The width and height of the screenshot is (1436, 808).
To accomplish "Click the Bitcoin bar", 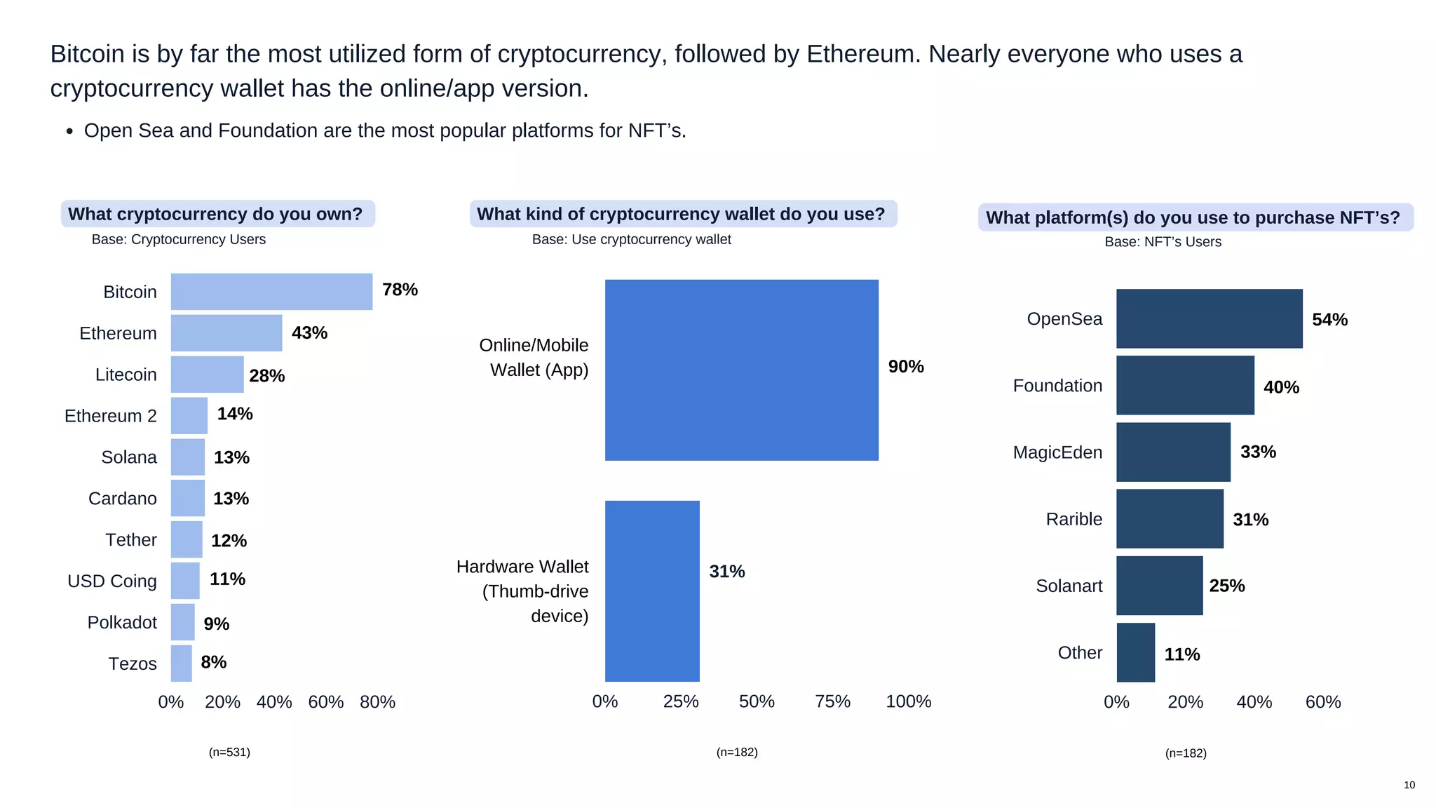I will pyautogui.click(x=271, y=292).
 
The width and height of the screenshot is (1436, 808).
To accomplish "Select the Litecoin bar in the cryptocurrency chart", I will pyautogui.click(x=207, y=375).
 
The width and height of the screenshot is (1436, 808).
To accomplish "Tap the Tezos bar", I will pyautogui.click(x=181, y=664).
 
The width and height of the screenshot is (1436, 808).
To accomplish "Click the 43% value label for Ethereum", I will pyautogui.click(x=309, y=332).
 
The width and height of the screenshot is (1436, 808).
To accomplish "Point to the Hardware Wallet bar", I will pyautogui.click(x=652, y=591).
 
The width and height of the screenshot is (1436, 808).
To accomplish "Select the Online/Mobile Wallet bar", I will pyautogui.click(x=741, y=370).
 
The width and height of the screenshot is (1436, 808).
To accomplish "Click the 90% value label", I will pyautogui.click(x=906, y=367).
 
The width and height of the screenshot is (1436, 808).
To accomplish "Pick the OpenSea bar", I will pyautogui.click(x=1209, y=318).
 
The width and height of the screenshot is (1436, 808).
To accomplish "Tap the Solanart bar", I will pyautogui.click(x=1159, y=586).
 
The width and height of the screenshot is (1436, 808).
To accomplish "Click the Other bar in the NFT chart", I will pyautogui.click(x=1135, y=652).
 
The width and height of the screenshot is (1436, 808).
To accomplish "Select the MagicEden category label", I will pyautogui.click(x=1057, y=452).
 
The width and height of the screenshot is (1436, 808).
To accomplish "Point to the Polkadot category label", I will pyautogui.click(x=122, y=622).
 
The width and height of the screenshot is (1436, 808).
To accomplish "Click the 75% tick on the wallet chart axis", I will pyautogui.click(x=832, y=701).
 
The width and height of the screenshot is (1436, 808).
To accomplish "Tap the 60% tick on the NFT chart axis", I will pyautogui.click(x=1322, y=702).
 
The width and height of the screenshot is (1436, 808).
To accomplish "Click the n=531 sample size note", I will pyautogui.click(x=229, y=752).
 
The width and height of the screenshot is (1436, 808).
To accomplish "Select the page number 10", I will pyautogui.click(x=1409, y=785).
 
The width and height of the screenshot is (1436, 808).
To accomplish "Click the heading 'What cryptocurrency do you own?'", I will pyautogui.click(x=215, y=214).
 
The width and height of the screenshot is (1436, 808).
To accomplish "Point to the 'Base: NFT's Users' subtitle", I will pyautogui.click(x=1163, y=242).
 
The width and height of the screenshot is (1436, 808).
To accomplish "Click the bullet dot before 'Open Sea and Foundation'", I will pyautogui.click(x=69, y=131).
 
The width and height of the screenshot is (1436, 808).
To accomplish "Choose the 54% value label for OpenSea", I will pyautogui.click(x=1329, y=320).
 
